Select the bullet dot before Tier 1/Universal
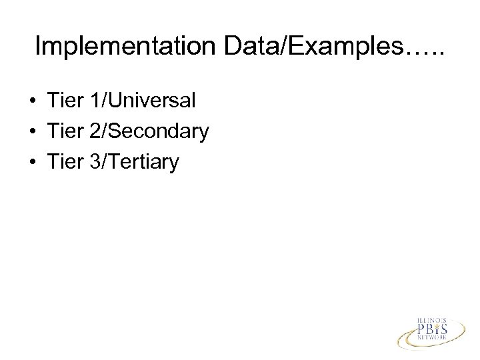tap(31, 102)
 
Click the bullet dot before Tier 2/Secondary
tap(31, 132)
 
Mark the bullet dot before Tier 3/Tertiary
tap(31, 162)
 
